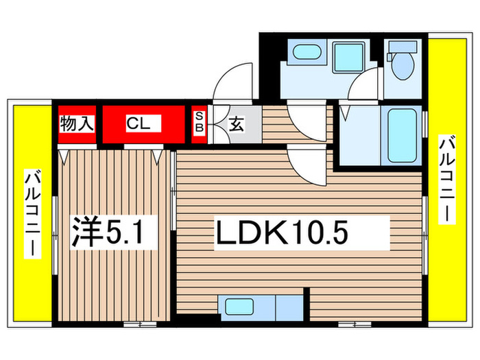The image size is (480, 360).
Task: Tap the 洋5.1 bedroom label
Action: click(116, 233)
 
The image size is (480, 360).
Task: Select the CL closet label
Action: click(142, 124)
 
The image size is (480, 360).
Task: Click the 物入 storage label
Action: click(77, 124)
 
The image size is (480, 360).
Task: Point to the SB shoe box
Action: click(200, 124)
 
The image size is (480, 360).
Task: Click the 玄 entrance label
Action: click(236, 125)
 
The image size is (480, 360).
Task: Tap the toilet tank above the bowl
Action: click(403, 47)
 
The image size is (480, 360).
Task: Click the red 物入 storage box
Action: click(77, 124)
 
